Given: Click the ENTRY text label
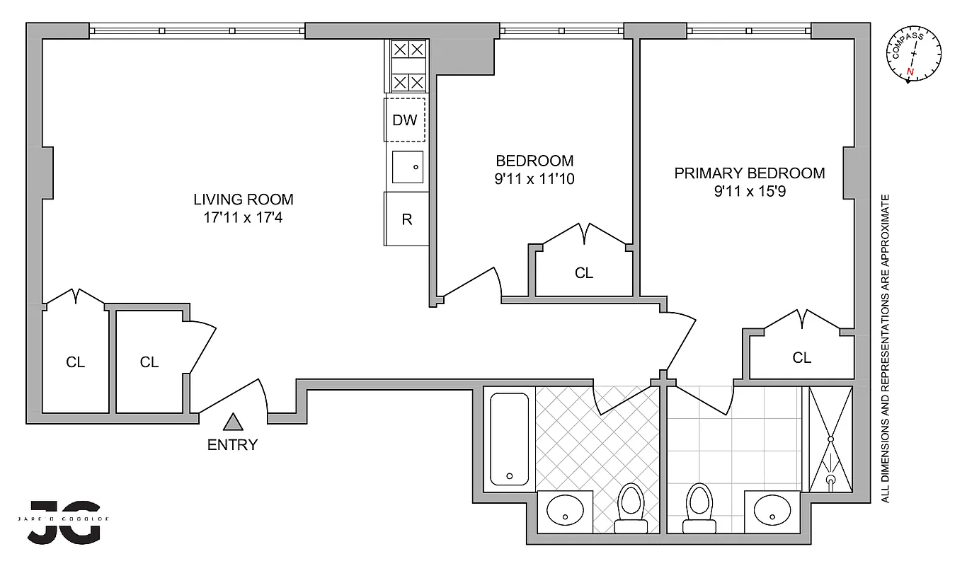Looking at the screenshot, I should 232,445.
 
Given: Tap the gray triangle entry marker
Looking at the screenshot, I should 233,422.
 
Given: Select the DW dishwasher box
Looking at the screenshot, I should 405,120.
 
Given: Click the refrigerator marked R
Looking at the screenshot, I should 407,219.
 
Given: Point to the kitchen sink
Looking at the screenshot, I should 408,168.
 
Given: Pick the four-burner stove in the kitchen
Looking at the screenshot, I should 408,66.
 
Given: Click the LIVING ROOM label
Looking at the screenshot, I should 244,200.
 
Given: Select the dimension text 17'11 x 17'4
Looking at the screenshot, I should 244,218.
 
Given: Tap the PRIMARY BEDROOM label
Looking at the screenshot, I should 749,173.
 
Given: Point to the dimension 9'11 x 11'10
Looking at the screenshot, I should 534,179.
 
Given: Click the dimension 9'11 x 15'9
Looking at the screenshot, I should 749,191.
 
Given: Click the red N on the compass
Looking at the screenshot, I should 910,73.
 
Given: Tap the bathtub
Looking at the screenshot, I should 509,439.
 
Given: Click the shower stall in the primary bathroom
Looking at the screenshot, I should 831,439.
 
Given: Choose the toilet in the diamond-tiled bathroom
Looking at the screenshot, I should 629,507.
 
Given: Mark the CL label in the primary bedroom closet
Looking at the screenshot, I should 801,358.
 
